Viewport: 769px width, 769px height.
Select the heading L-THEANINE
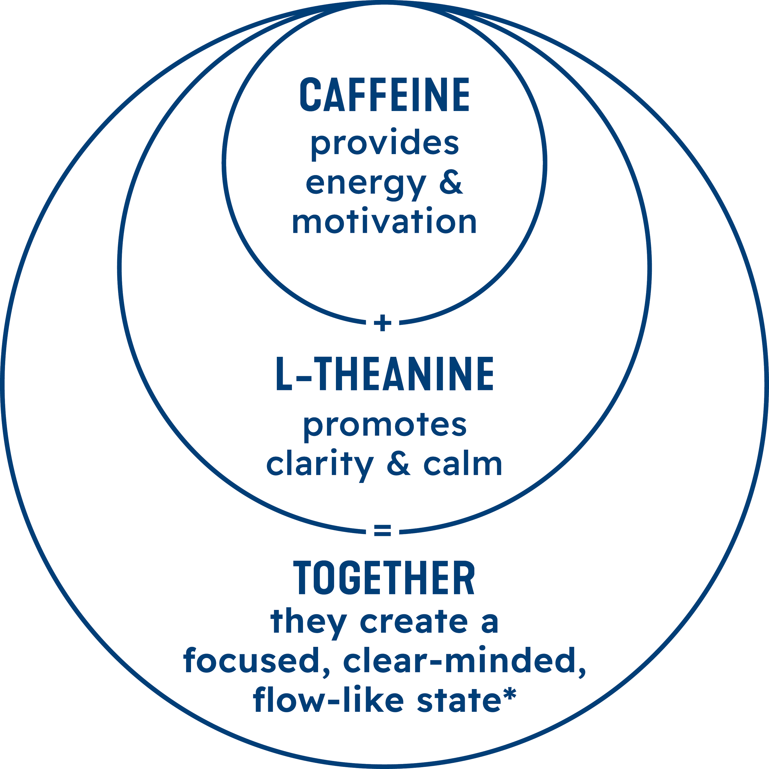click(384, 374)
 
